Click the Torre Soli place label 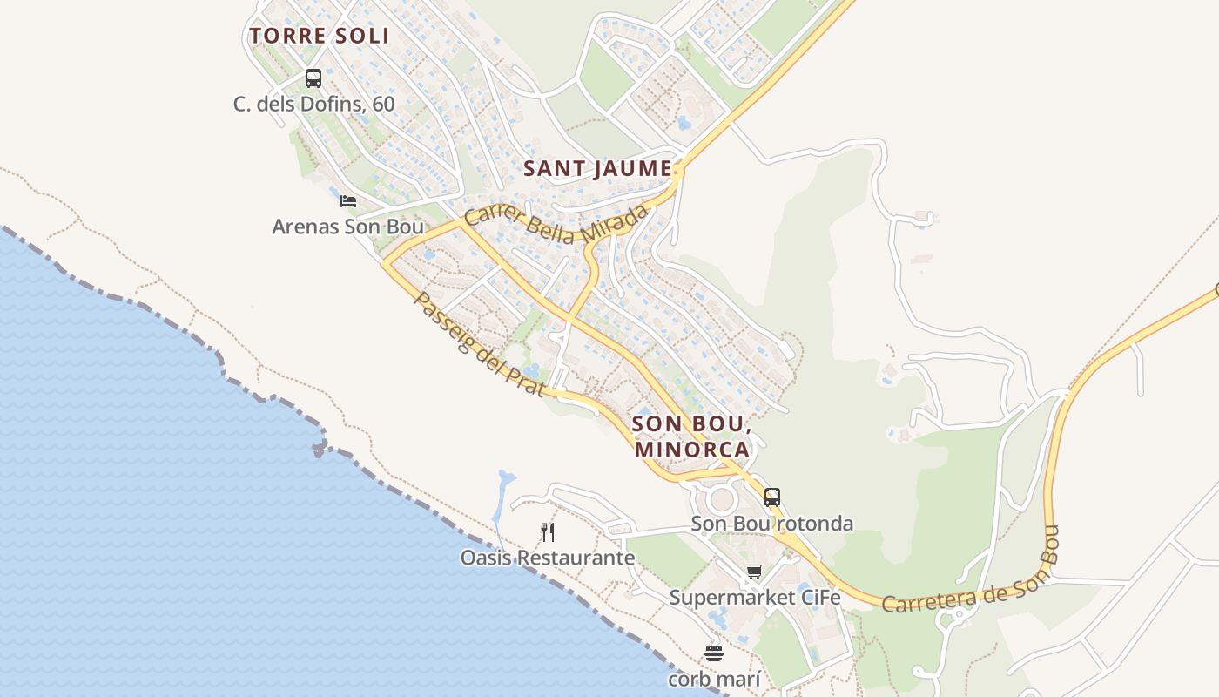(x=319, y=36)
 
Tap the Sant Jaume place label (x=598, y=169)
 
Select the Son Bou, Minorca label (x=692, y=436)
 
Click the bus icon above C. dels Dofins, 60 (x=313, y=78)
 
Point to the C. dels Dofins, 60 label (x=313, y=105)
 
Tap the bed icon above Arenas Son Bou (x=348, y=201)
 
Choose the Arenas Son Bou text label (x=347, y=227)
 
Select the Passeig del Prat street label (x=479, y=345)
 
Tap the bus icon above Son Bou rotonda (x=772, y=497)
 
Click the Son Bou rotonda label (x=771, y=524)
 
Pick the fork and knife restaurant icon (x=548, y=531)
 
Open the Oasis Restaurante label (x=548, y=558)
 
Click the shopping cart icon (x=754, y=572)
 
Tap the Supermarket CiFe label (x=754, y=598)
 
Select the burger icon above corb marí (x=714, y=653)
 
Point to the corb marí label (x=714, y=679)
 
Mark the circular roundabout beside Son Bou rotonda (x=722, y=500)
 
